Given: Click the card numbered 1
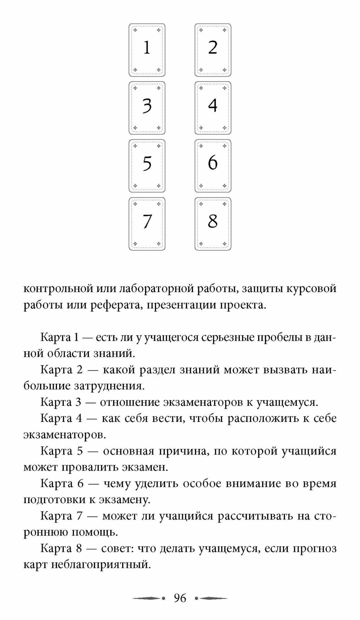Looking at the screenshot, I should pyautogui.click(x=147, y=50).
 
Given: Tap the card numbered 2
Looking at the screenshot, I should pyautogui.click(x=213, y=50).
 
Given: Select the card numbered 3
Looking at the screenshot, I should pyautogui.click(x=147, y=108).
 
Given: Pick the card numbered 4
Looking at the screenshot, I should pyautogui.click(x=213, y=108).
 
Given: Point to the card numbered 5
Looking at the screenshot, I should pyautogui.click(x=147, y=166).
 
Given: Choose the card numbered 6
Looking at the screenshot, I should pyautogui.click(x=213, y=166).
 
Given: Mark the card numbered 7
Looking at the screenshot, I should pyautogui.click(x=147, y=224).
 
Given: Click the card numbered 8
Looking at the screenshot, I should pyautogui.click(x=213, y=224).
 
